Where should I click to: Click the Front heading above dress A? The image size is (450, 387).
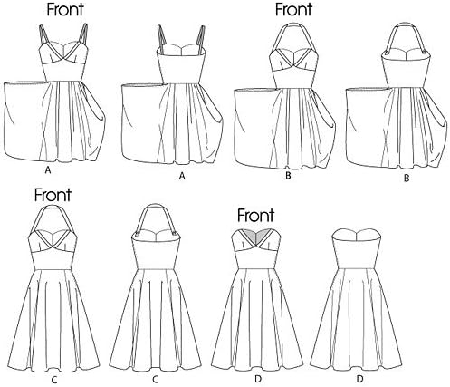[65, 9]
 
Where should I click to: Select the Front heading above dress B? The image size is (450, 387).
[293, 9]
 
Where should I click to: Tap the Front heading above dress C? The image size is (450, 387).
[53, 195]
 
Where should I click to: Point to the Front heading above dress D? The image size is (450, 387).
[255, 216]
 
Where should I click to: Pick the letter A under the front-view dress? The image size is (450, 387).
[47, 170]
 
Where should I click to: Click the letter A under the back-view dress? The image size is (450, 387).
[182, 176]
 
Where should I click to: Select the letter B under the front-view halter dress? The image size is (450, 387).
[288, 176]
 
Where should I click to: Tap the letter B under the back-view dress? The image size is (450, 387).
[407, 179]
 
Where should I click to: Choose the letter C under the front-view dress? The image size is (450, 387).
[55, 379]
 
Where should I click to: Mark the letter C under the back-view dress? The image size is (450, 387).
[156, 379]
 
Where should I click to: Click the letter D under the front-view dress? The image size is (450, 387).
[258, 379]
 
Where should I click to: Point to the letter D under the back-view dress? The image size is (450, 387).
[359, 379]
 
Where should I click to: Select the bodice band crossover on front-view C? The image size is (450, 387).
[53, 246]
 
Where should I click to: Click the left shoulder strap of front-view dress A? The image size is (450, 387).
[43, 35]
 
